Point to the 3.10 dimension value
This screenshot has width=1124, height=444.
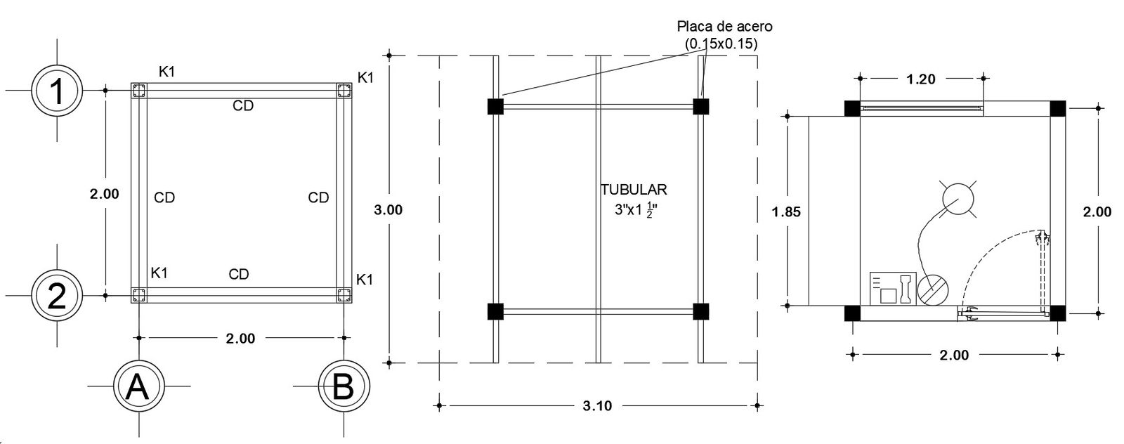coord(597,406)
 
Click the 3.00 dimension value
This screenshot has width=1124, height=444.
coord(388,210)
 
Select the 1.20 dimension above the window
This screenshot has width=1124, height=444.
coord(921,79)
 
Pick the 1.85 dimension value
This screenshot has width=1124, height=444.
coord(786,211)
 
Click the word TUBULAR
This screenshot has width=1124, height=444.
coord(634,190)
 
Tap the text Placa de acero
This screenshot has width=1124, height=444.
coord(724,26)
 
